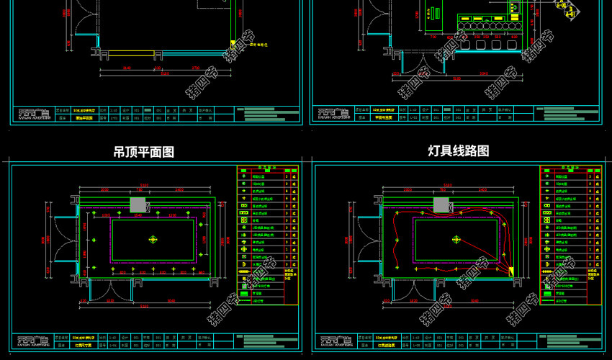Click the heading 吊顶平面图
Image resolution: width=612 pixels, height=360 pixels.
[144, 152]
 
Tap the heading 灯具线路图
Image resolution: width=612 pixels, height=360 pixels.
[458, 151]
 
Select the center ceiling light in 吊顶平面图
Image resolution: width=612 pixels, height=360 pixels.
[153, 239]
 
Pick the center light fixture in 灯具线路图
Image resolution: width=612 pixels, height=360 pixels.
[455, 239]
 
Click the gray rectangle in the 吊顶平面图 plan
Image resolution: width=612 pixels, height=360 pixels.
[138, 204]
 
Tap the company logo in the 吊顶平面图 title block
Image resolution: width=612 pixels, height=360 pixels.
[33, 338]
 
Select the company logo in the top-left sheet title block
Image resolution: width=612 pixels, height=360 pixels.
[33, 113]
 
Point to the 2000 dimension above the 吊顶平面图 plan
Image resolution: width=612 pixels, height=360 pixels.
[104, 190]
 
